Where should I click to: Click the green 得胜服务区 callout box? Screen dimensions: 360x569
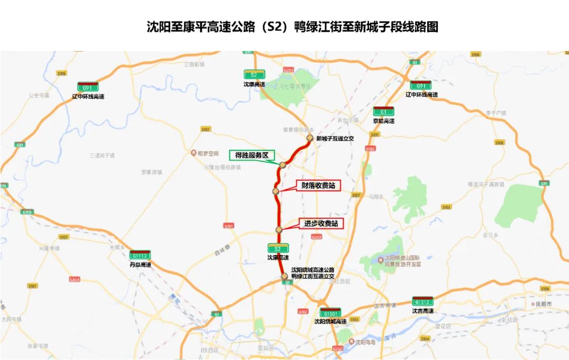(251, 155)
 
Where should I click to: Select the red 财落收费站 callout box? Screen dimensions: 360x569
(318, 186)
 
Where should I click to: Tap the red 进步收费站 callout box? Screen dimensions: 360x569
(321, 223)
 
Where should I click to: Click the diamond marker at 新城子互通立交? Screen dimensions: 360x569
(310, 138)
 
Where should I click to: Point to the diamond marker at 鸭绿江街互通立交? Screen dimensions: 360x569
(284, 276)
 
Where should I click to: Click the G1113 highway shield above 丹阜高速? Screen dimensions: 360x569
(140, 255)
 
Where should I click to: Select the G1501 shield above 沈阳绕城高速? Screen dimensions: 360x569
(330, 313)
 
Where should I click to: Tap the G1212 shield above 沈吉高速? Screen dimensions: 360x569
(423, 301)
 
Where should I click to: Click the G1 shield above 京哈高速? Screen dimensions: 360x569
(383, 112)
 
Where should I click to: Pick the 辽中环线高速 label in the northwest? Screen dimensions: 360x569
(88, 96)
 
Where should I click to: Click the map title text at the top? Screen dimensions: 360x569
(292, 26)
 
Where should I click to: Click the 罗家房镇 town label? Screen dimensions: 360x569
(153, 172)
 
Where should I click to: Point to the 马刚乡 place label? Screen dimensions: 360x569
(375, 196)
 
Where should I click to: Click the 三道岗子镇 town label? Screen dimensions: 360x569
(102, 155)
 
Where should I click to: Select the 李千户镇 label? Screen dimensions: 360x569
(495, 113)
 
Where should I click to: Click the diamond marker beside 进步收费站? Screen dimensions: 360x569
(279, 229)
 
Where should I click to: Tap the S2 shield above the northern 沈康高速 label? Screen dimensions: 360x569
(254, 75)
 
